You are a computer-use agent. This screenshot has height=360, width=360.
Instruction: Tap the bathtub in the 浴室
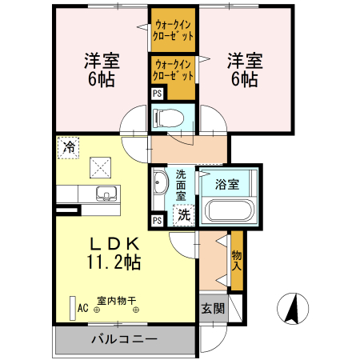[230, 212]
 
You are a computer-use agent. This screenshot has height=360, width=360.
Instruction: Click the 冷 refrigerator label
[70, 147]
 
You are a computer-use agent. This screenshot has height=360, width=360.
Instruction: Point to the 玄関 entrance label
[212, 309]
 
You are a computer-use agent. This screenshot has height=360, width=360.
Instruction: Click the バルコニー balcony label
[123, 339]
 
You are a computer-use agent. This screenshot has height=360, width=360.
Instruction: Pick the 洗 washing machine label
[183, 214]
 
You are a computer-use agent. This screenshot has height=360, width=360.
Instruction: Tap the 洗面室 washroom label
[182, 184]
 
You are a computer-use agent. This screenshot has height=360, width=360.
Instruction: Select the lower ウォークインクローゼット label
[174, 70]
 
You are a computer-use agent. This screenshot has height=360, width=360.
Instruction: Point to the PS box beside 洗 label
[157, 220]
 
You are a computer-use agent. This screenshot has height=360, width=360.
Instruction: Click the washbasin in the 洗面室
[158, 182]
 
